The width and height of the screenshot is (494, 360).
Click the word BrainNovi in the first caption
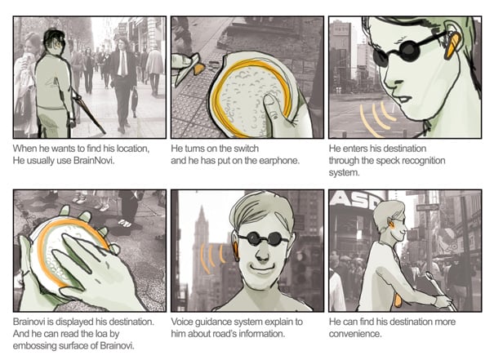point(93,161)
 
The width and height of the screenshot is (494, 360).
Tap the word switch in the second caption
point(246,149)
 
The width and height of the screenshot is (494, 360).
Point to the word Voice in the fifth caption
point(182,322)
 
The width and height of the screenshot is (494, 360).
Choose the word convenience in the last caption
point(354,334)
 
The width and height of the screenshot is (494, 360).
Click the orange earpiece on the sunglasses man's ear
point(452,45)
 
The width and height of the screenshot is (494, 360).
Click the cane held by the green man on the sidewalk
point(88,111)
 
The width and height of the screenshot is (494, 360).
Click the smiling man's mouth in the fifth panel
point(263,269)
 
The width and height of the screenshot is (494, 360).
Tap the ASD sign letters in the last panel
point(356,200)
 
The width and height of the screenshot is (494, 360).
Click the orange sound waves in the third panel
point(376,118)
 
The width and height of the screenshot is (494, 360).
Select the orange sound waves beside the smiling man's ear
point(211,256)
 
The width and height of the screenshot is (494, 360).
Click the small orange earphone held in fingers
point(198,69)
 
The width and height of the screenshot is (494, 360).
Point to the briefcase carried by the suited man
point(135,100)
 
